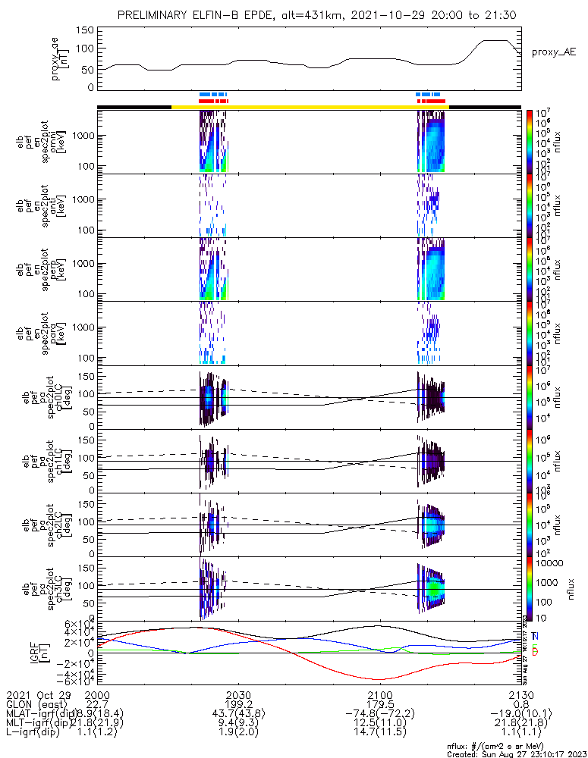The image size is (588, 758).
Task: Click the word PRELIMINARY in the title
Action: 156,15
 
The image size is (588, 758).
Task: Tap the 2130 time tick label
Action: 521,695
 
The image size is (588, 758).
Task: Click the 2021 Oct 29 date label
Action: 37,695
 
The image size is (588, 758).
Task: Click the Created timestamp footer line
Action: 517,754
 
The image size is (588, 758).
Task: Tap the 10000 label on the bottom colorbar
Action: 549,563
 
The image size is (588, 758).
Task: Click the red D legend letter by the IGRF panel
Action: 536,653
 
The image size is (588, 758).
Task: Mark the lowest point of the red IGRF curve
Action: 379,679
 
